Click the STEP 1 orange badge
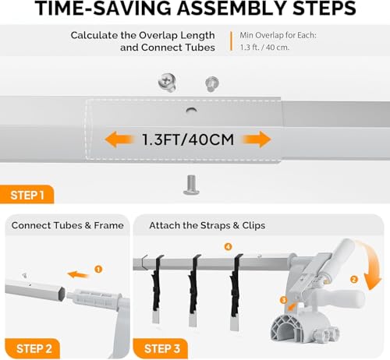(x=27, y=195)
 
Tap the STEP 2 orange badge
(x=33, y=348)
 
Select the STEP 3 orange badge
(x=161, y=348)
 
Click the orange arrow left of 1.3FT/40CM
(x=119, y=139)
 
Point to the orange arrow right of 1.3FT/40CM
(x=257, y=139)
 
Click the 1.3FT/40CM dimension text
(x=188, y=139)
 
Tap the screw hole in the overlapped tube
(x=192, y=110)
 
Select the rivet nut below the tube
(x=191, y=185)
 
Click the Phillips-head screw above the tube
(x=167, y=83)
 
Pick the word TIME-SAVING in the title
(x=102, y=8)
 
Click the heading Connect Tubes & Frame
(x=67, y=225)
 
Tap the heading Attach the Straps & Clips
(x=207, y=225)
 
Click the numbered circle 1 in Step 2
(x=98, y=269)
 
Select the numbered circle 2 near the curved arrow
(x=353, y=280)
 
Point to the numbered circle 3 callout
(x=284, y=300)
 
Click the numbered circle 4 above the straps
(x=228, y=246)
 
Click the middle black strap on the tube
(x=193, y=286)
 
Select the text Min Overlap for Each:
(x=278, y=35)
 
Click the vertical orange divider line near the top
(x=231, y=41)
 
